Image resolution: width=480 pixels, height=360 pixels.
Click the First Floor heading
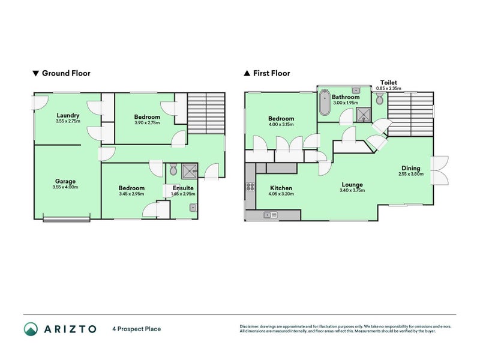pyautogui.click(x=271, y=74)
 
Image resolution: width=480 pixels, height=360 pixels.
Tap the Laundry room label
pyautogui.click(x=68, y=115)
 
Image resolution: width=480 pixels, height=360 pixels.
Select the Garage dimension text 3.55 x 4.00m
pyautogui.click(x=65, y=187)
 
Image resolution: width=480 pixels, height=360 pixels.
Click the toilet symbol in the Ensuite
pyautogui.click(x=173, y=171)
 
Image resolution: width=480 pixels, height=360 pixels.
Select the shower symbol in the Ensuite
pyautogui.click(x=190, y=170)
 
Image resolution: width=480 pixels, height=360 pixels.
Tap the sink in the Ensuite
pyautogui.click(x=191, y=208)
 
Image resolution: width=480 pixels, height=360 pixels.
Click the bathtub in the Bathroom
pyautogui.click(x=324, y=103)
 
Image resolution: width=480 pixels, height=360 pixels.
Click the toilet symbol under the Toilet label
pyautogui.click(x=379, y=100)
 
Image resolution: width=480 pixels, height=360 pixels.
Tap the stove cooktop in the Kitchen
pyautogui.click(x=250, y=188)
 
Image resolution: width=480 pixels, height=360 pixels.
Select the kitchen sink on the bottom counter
pyautogui.click(x=270, y=215)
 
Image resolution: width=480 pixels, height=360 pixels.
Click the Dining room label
pyautogui.click(x=411, y=168)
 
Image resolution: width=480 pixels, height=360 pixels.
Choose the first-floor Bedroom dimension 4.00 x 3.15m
pyautogui.click(x=281, y=125)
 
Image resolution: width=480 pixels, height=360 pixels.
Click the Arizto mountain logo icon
pyautogui.click(x=31, y=328)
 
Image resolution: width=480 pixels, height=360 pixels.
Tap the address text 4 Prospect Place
pyautogui.click(x=136, y=329)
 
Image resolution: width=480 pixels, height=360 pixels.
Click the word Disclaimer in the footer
pyautogui.click(x=251, y=326)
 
